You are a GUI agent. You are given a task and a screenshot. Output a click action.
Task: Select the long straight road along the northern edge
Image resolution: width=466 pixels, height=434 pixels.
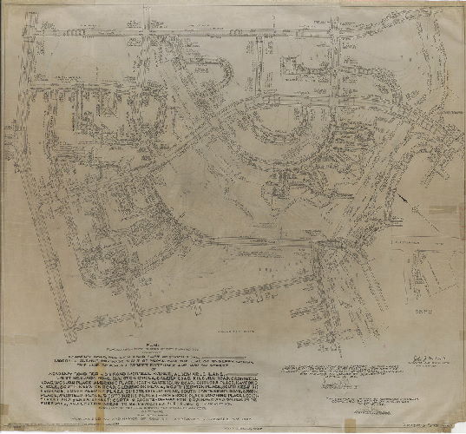pyautogui.click(x=234, y=32)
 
